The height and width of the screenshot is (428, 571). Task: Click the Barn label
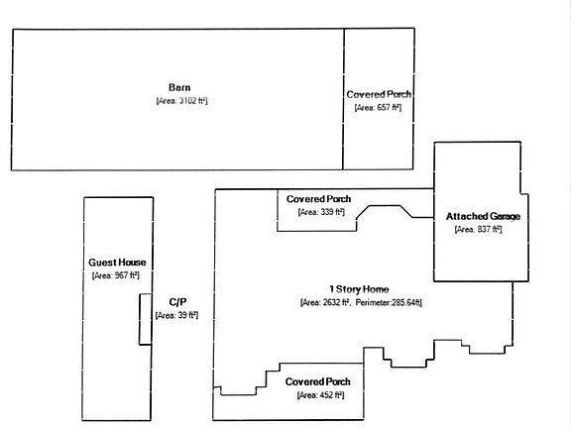[179, 87]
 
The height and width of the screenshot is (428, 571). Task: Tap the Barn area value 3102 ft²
[182, 101]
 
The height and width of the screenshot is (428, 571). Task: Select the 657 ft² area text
[379, 108]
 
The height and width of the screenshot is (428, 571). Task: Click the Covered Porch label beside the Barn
[379, 94]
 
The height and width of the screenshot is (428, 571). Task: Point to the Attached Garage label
[483, 216]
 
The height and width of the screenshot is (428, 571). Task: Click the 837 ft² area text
[479, 230]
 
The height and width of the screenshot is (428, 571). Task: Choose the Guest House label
[117, 263]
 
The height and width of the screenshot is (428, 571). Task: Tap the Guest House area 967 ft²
[116, 275]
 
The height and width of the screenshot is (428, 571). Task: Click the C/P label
[177, 302]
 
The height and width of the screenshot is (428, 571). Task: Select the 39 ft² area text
[177, 315]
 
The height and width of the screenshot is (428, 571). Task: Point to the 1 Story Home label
[359, 289]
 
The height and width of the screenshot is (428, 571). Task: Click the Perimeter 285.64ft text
[389, 302]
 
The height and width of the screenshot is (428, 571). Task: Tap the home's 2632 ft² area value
[325, 302]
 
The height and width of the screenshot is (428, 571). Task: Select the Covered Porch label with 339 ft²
[318, 199]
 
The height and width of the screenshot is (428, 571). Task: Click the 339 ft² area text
[321, 212]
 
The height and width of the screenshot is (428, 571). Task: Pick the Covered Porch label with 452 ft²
[318, 381]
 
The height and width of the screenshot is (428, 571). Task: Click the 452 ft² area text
[320, 395]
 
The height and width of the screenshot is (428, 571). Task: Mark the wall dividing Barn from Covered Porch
[343, 99]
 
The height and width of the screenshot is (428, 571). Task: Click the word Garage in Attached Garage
[506, 216]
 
